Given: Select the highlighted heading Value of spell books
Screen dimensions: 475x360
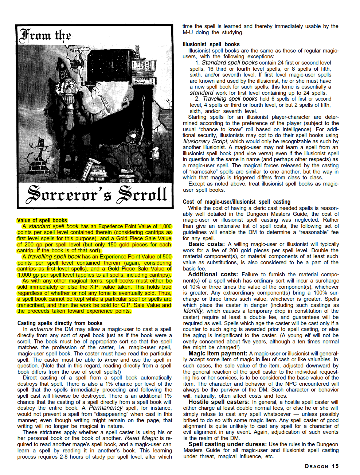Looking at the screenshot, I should point(42,221).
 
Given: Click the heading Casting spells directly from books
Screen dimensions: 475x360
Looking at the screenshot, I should point(60,323).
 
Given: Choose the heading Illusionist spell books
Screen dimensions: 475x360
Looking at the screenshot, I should point(211,44).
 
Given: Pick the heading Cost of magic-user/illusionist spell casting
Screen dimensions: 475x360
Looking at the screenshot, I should point(236,202).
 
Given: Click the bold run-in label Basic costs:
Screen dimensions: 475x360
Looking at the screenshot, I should point(207,244).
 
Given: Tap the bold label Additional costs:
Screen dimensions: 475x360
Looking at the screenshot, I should point(213,275).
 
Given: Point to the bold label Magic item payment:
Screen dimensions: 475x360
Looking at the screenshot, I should point(218,354).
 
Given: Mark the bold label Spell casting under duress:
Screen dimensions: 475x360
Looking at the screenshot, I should point(227,444).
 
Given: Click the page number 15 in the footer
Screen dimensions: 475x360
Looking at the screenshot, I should point(335,466).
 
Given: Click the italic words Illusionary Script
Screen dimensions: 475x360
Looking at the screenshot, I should point(206,141).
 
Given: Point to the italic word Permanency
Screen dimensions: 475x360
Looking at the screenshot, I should point(106,408).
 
